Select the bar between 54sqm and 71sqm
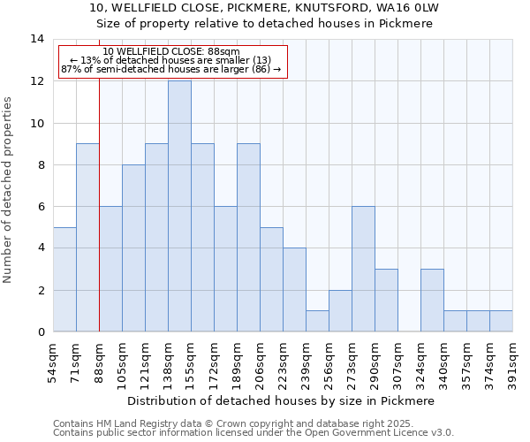(64, 279)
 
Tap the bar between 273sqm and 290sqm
(363, 269)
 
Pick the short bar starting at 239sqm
(317, 321)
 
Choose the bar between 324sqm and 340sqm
(432, 300)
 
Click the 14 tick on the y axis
(38, 39)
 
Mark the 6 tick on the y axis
(41, 206)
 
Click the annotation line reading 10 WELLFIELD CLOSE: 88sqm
(171, 52)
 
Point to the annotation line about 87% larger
(171, 69)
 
